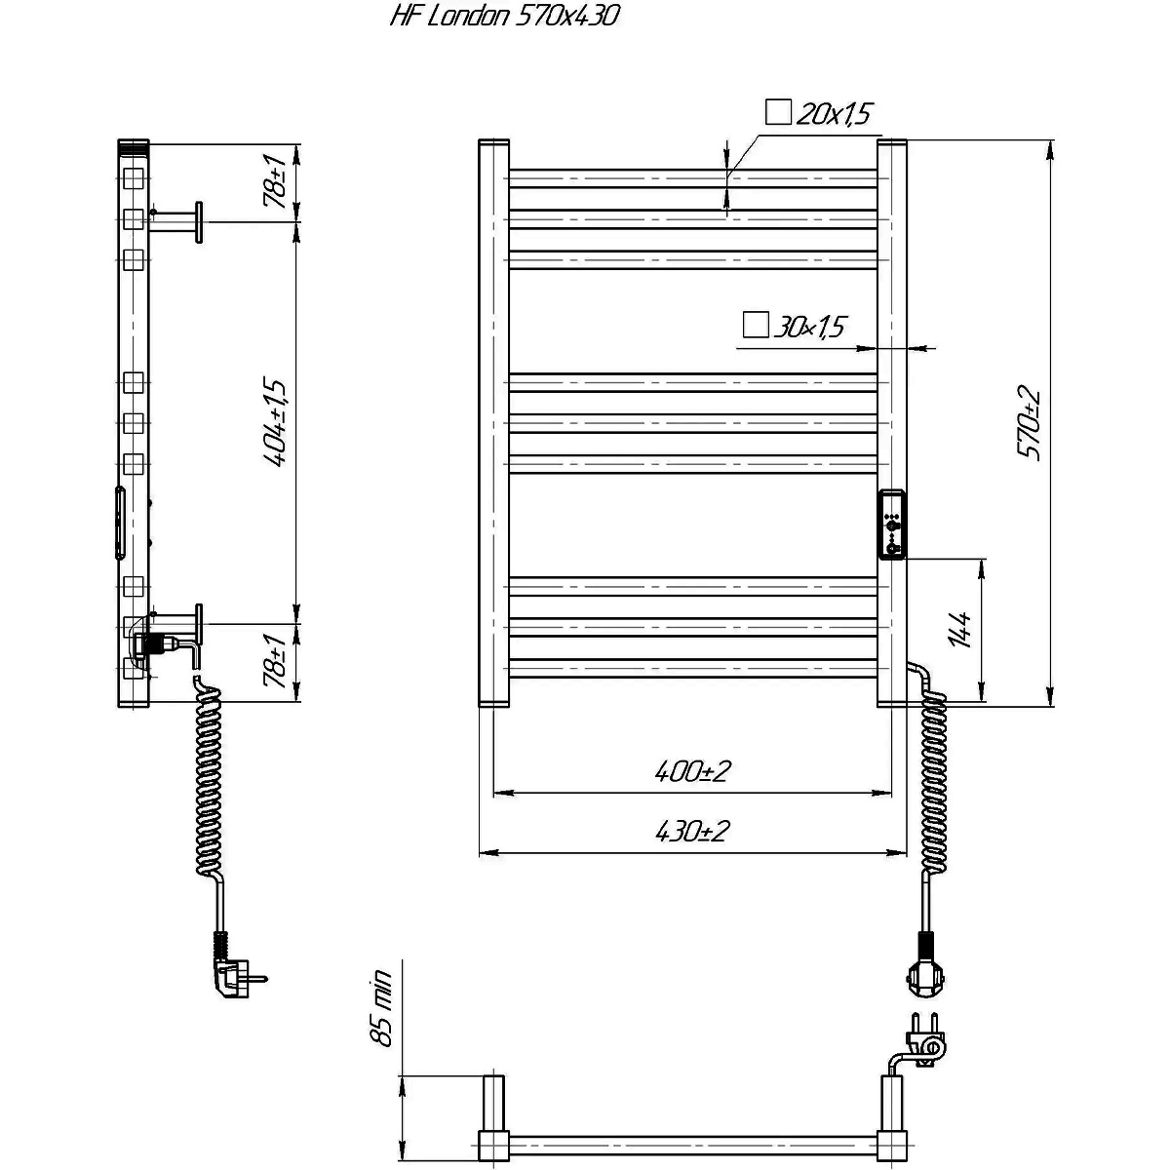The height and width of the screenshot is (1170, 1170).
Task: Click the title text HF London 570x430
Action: point(504,17)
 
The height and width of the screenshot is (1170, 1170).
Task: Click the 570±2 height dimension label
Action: point(1030,422)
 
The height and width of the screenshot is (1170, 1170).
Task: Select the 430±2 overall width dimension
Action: point(692,832)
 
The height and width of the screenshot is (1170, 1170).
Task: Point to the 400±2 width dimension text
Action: point(692,771)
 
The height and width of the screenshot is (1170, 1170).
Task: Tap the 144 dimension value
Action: point(960,631)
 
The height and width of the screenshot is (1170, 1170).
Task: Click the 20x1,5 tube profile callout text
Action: point(835,114)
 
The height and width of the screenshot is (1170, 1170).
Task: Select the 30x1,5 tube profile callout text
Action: point(810,328)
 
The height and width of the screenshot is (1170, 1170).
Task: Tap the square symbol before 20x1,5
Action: point(778,112)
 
